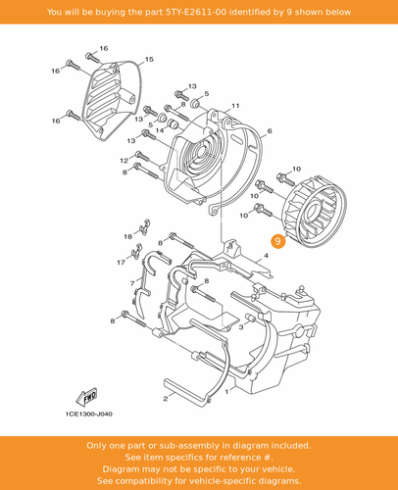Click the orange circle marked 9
point(278,241)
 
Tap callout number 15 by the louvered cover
point(149,60)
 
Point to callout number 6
point(269,130)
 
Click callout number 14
point(159,130)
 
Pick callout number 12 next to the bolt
point(124,160)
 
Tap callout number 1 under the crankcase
point(228,389)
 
